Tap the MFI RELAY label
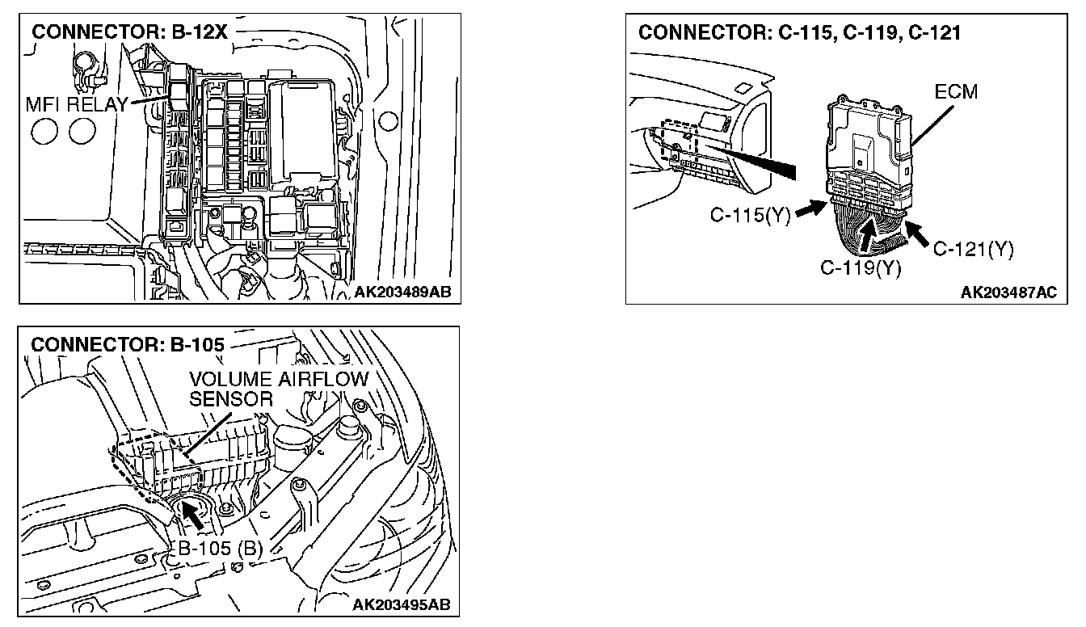[78, 103]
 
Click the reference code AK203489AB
[402, 292]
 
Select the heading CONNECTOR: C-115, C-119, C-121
[799, 33]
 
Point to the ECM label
[956, 92]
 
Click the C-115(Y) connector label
[750, 216]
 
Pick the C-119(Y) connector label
[861, 268]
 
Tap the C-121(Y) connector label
[973, 249]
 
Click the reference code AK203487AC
[1008, 292]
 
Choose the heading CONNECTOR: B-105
[127, 343]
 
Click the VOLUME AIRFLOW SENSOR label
[279, 389]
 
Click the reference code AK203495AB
[402, 605]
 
